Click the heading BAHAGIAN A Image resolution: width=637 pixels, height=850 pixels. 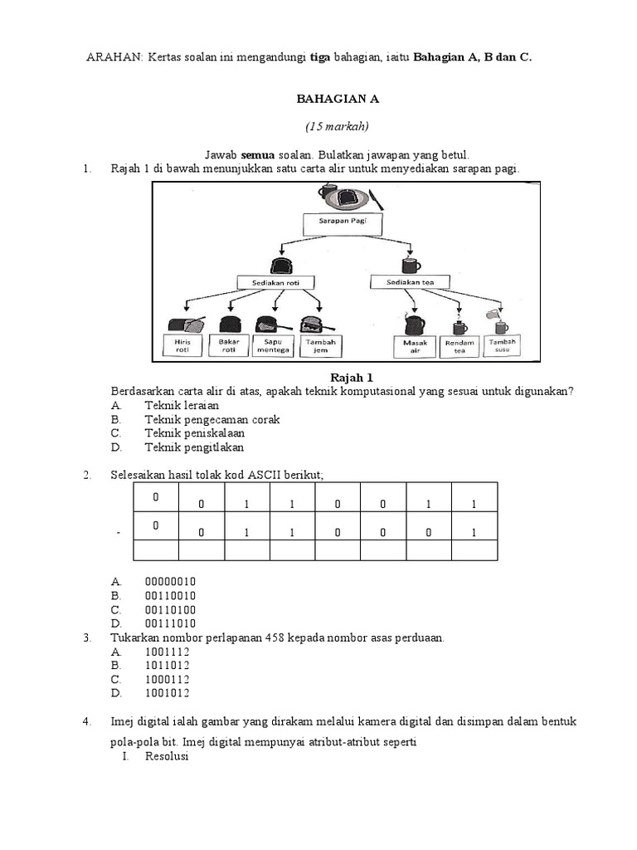tap(338, 99)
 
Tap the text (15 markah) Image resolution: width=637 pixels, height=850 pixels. tap(337, 126)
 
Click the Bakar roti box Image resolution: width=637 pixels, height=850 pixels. tap(229, 345)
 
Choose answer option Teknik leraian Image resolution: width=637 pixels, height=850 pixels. tap(182, 405)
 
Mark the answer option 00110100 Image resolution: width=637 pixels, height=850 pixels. tap(170, 609)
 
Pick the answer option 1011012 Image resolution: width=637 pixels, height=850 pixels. tap(167, 665)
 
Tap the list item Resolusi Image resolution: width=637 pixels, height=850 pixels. tap(167, 756)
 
